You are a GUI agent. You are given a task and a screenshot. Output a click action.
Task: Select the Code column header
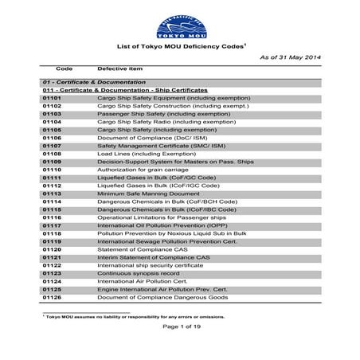(65, 70)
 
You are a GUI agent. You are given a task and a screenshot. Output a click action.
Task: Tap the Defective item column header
(120, 70)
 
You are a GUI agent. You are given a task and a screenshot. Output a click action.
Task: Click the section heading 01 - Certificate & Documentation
(94, 82)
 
